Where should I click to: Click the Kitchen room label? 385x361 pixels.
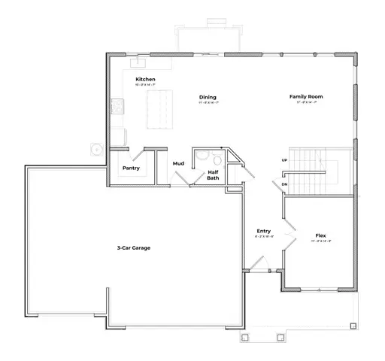(x=145, y=79)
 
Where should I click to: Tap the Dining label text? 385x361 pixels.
(x=208, y=97)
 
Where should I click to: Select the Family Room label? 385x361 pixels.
(x=306, y=97)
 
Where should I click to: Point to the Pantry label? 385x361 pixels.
(x=131, y=168)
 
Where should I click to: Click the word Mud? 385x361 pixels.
(x=179, y=162)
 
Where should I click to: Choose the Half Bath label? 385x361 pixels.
(x=213, y=175)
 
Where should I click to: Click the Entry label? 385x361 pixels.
(x=263, y=231)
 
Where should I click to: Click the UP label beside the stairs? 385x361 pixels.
(x=284, y=160)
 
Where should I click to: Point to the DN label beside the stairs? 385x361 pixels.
(x=284, y=184)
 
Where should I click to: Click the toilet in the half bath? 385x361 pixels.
(x=215, y=159)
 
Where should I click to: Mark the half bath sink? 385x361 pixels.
(x=200, y=158)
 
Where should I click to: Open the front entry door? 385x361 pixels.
(x=257, y=264)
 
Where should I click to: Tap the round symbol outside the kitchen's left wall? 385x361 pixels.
(x=96, y=149)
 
